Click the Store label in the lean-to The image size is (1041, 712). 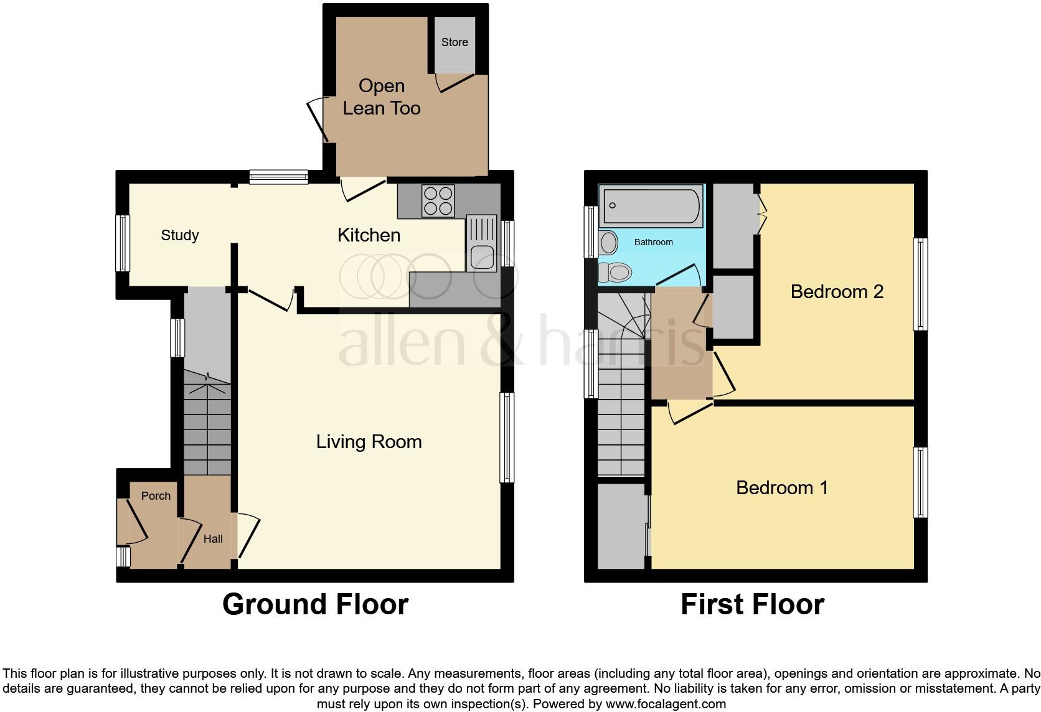click(x=454, y=42)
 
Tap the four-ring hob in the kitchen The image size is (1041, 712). click(x=438, y=201)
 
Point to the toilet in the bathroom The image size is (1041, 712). click(x=616, y=272)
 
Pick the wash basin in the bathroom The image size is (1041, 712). click(x=608, y=243)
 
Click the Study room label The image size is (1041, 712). click(x=180, y=235)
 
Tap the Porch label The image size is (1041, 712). click(x=156, y=496)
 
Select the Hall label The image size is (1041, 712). click(x=213, y=539)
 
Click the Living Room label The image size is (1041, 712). click(x=369, y=442)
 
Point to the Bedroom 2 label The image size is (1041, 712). click(x=837, y=291)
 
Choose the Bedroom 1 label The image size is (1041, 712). click(x=782, y=487)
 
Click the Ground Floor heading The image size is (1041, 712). click(x=315, y=604)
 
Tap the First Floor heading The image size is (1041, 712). click(x=752, y=604)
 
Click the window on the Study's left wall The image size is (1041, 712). click(x=123, y=243)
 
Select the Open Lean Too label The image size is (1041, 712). click(x=382, y=97)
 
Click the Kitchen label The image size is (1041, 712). click(x=369, y=235)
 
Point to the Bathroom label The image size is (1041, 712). click(x=653, y=242)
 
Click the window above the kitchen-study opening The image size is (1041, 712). click(x=278, y=177)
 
